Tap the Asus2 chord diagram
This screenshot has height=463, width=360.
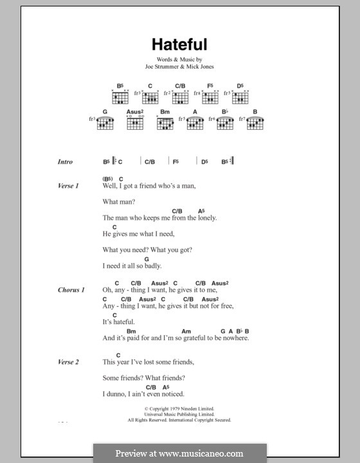(134, 122)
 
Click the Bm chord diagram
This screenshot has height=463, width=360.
(165, 122)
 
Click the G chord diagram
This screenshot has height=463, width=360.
(105, 122)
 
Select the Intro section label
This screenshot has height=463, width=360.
(65, 162)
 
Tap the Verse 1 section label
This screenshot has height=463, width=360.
(67, 186)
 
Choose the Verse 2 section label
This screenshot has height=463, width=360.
(67, 362)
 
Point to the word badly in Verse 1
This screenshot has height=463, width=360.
(151, 266)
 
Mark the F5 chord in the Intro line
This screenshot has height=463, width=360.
(175, 162)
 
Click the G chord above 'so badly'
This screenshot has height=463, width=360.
(147, 259)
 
